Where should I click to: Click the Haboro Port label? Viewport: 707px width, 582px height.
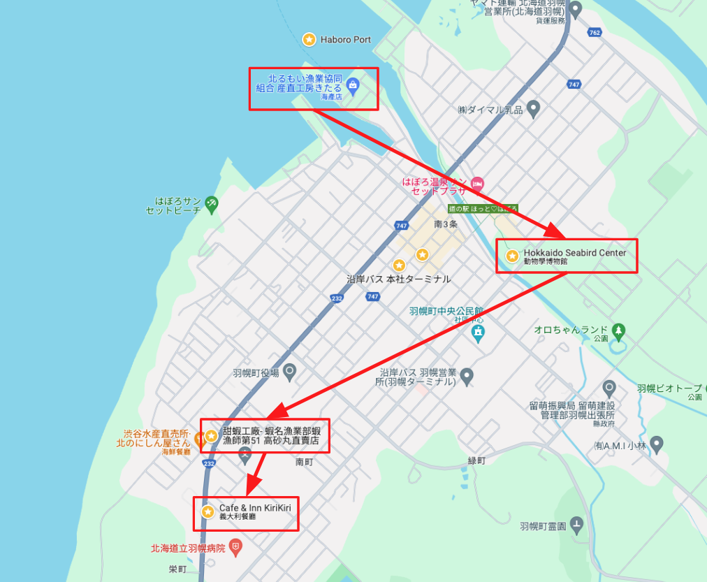[x=346, y=40]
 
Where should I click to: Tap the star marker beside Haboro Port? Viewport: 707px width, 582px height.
[x=308, y=40]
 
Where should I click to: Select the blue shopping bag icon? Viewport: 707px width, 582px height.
[x=353, y=87]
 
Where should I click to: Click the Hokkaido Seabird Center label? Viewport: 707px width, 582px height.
[x=574, y=253]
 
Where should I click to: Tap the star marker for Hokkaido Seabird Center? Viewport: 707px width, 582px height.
[x=512, y=256]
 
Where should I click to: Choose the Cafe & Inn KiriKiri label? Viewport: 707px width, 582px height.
[x=255, y=508]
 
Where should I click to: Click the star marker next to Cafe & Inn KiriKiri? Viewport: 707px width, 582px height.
[x=207, y=512]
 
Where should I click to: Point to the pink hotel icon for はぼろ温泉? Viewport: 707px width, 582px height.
[x=477, y=183]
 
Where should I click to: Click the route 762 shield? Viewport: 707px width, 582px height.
[x=595, y=32]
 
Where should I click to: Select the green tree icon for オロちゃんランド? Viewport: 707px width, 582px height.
[x=618, y=329]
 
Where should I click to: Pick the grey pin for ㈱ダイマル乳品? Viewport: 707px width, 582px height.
[x=534, y=108]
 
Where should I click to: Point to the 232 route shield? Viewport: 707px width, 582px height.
[x=337, y=298]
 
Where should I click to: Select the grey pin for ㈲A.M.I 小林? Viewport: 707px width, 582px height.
[x=656, y=444]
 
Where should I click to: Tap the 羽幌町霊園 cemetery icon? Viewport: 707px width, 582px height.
[x=576, y=523]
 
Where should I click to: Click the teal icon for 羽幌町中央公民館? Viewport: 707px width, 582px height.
[x=478, y=330]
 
